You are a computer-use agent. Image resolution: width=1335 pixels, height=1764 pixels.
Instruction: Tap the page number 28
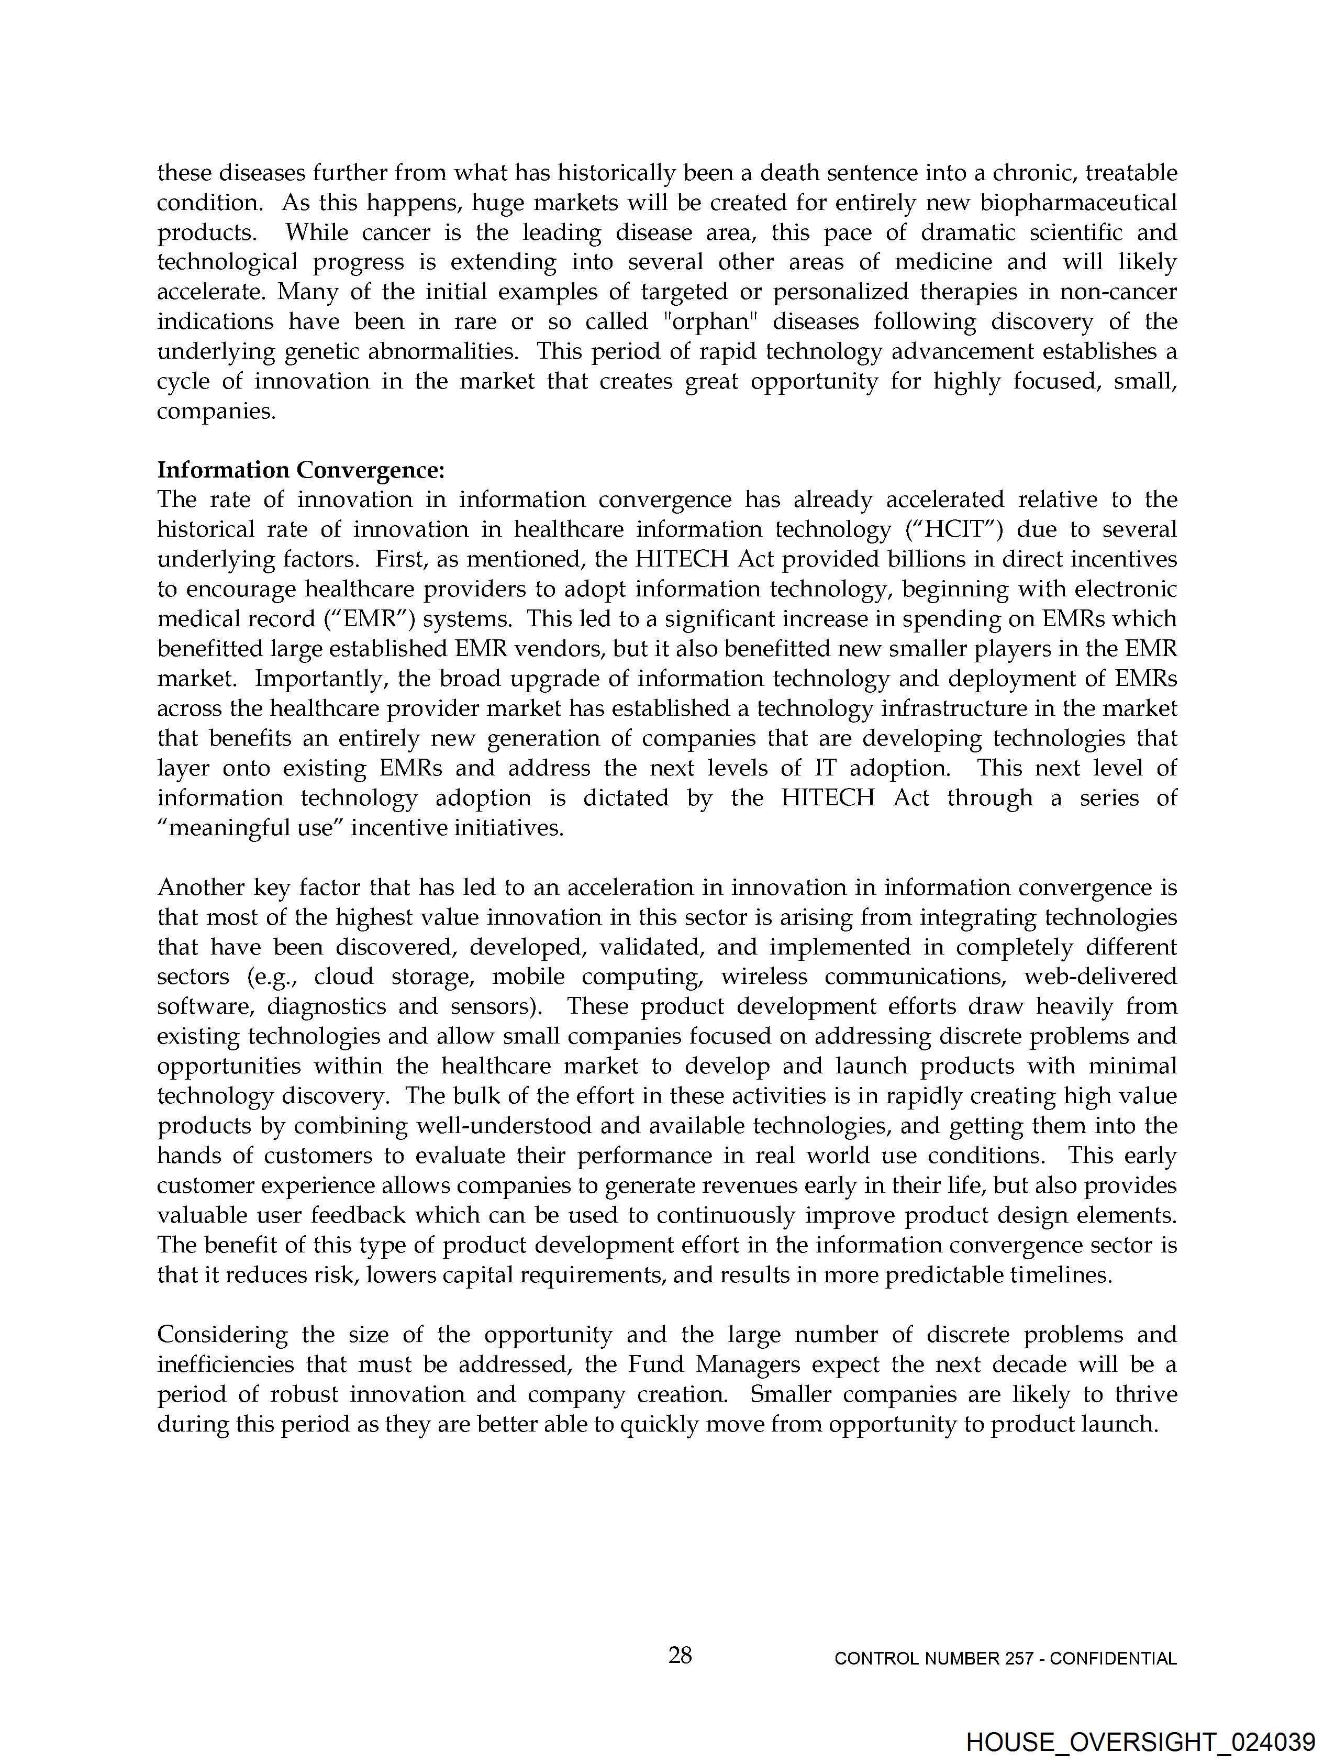pos(680,1656)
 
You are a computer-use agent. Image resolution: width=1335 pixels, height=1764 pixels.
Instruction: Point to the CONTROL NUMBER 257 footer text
pos(1005,1659)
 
